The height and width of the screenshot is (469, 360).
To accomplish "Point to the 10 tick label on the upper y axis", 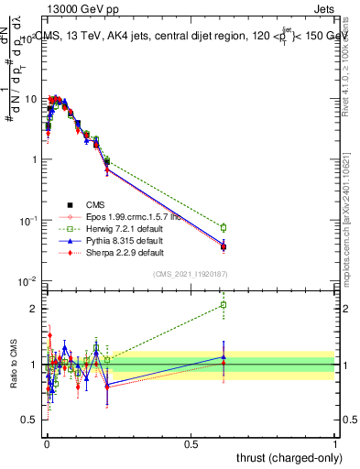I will pos(29,98).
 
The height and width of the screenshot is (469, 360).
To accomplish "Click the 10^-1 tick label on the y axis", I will pos(27,221).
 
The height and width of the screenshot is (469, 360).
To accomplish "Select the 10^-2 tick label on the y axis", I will pos(27,281).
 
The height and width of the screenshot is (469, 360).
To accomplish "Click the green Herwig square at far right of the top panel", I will pos(223,227).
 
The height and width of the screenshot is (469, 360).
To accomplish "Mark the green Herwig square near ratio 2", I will pos(223,305).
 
